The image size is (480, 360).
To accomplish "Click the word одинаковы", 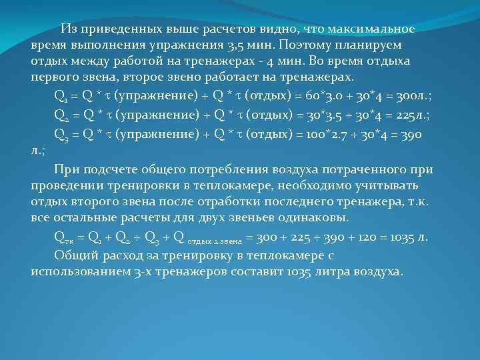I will pyautogui.click(x=321, y=218).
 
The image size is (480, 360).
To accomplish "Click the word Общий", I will pyautogui.click(x=75, y=255).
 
